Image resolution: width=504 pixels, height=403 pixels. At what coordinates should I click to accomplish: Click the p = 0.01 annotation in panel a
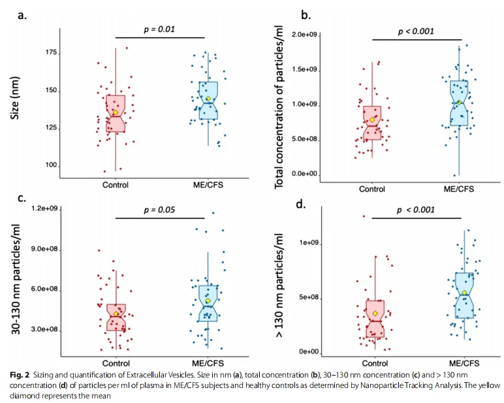[x=159, y=29]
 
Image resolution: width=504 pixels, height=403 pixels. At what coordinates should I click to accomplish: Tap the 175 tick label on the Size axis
[x=51, y=53]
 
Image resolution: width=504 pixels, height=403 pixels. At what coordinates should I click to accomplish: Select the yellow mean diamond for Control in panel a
[x=116, y=112]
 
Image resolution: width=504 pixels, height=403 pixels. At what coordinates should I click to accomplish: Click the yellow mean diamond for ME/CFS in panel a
[x=208, y=99]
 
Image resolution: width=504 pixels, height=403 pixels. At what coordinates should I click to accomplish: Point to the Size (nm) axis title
[x=15, y=98]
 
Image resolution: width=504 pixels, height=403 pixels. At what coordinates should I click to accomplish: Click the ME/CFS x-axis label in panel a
[x=208, y=185]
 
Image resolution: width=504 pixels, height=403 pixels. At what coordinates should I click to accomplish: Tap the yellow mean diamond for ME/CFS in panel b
[x=460, y=103]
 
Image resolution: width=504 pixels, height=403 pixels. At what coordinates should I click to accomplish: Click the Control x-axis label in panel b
[x=372, y=189]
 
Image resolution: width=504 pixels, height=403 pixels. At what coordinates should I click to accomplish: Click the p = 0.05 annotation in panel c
[x=159, y=210]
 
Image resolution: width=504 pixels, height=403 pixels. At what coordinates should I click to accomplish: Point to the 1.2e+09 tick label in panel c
[x=44, y=209]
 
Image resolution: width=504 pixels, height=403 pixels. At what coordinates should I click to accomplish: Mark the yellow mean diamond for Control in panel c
[x=116, y=314]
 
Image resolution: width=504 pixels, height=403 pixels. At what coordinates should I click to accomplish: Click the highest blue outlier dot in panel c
[x=213, y=213]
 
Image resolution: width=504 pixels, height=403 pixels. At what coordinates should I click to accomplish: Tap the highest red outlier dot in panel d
[x=364, y=216]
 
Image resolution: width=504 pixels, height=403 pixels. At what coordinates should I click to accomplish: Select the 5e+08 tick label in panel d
[x=309, y=297]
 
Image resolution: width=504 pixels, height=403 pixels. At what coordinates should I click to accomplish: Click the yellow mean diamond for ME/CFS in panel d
[x=464, y=293]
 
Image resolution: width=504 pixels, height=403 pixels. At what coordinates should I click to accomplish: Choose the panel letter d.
[x=300, y=204]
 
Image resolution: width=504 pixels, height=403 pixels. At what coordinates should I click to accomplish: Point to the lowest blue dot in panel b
[x=454, y=175]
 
